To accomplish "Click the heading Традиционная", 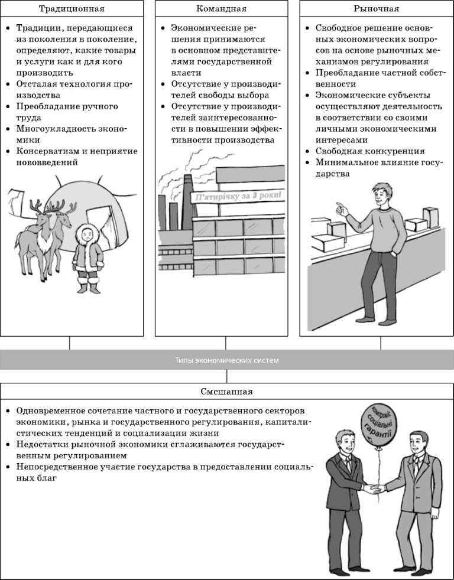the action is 72,8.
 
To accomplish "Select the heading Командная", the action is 221,8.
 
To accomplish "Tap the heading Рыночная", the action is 376,8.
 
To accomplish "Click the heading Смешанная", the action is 226,392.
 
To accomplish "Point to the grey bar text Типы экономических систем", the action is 226,360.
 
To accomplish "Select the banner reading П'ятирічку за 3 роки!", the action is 238,195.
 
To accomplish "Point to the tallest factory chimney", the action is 187,202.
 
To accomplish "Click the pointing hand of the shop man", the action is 342,209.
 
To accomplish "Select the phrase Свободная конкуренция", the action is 370,151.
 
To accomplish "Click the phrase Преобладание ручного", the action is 67,106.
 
